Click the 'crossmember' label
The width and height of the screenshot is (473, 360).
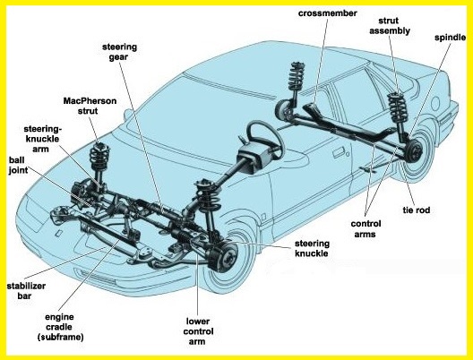[327, 13]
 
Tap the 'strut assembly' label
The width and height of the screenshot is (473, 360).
[390, 26]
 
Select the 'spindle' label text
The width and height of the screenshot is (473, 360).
[450, 38]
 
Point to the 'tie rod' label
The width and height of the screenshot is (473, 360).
[416, 210]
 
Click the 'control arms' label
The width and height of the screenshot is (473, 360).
[365, 229]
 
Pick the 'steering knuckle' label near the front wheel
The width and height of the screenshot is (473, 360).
[312, 248]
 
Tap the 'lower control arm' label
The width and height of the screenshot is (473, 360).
[198, 331]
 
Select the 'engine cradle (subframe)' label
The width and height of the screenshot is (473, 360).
[60, 327]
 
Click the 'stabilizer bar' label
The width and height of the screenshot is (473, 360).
[26, 291]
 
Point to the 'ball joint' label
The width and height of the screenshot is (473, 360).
[18, 165]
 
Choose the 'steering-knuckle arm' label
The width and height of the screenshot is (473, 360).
[42, 139]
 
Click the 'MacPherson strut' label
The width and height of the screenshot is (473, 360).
[90, 106]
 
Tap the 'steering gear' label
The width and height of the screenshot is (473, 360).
[119, 52]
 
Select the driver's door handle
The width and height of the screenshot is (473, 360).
[340, 152]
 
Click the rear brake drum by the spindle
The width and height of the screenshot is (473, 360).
[413, 150]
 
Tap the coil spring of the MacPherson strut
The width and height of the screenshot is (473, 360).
[99, 156]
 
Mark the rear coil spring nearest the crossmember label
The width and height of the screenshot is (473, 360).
[296, 76]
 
